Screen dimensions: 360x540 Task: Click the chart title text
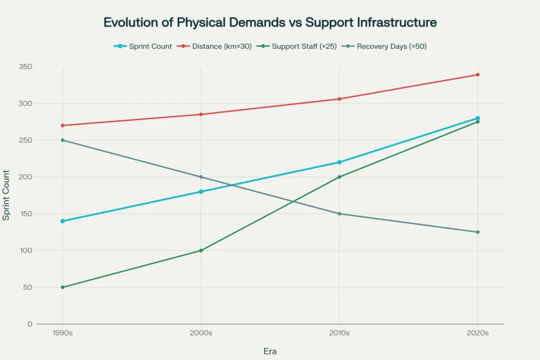[x=270, y=23]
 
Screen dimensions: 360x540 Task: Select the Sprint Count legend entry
[x=143, y=46]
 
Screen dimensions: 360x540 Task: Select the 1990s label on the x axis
[x=62, y=333]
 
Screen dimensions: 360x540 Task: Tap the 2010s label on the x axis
[x=339, y=333]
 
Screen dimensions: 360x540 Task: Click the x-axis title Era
[x=270, y=351]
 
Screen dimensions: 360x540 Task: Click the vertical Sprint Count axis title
[x=6, y=195]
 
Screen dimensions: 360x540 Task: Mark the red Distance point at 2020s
[x=478, y=74]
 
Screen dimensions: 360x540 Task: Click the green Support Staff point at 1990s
[x=62, y=287]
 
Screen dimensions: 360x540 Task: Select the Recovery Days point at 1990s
[x=62, y=140]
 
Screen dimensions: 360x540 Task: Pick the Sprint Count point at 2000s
[x=201, y=192]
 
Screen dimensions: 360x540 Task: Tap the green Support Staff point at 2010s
[x=339, y=177]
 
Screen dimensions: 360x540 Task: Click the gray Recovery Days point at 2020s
[x=478, y=232]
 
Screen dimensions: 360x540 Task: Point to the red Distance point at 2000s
[x=201, y=114]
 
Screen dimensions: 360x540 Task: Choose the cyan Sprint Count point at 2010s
[x=339, y=162]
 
